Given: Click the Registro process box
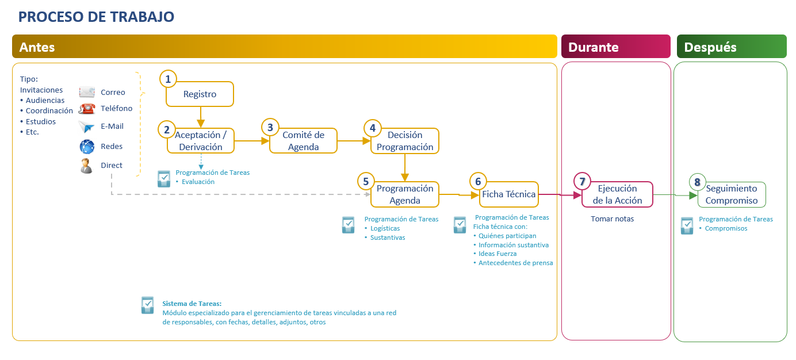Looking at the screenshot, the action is [x=200, y=94].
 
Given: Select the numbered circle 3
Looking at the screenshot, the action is [x=270, y=127].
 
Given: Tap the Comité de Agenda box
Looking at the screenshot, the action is [x=303, y=141].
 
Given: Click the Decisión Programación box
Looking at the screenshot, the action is [x=405, y=141].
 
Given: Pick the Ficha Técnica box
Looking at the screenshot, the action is [x=508, y=194].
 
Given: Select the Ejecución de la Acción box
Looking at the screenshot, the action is [x=617, y=194].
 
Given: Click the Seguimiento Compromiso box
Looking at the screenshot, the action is [x=732, y=194].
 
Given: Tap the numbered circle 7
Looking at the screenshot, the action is [x=582, y=181].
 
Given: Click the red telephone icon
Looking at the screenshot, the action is [x=87, y=108].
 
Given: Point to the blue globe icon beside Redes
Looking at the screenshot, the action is [x=87, y=147].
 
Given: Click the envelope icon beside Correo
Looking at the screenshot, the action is [x=87, y=92].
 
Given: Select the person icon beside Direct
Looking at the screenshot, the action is [x=86, y=166].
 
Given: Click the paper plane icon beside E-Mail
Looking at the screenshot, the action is [x=86, y=127].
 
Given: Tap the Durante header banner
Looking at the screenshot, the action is [x=616, y=47].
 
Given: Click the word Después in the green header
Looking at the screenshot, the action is [x=710, y=47].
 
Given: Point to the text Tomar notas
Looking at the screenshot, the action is [x=613, y=219].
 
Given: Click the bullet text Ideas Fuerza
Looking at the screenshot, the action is [x=497, y=254].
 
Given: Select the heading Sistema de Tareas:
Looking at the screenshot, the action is [x=192, y=304].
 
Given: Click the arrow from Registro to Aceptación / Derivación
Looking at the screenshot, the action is [x=201, y=117].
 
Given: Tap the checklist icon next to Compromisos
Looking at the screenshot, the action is [x=687, y=225].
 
